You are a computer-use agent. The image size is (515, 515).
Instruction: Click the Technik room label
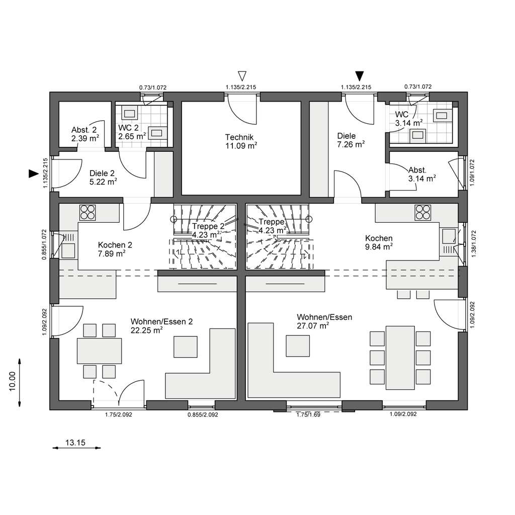pos(239,137)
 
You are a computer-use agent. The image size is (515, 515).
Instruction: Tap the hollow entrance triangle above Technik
pos(242,75)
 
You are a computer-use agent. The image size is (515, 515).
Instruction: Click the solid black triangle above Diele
pos(360,75)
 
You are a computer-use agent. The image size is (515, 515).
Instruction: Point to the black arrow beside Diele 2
pos(34,174)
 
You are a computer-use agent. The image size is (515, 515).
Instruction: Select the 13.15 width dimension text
pos(75,443)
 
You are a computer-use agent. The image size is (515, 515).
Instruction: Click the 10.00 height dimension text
pos(13,381)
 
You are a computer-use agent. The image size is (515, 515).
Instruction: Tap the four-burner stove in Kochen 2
pos(88,212)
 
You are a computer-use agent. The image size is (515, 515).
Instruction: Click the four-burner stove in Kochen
pos(422,212)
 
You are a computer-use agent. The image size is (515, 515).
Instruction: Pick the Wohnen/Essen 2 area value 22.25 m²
pos(146,330)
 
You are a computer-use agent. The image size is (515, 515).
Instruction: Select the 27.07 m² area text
pos(313,326)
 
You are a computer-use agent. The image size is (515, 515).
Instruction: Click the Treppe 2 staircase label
pos(208,226)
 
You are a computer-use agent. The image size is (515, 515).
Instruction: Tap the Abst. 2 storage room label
pos(84,130)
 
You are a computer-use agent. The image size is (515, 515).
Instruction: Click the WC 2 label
pos(128,127)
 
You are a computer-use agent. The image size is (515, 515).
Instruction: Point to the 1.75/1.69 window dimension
pos(308,414)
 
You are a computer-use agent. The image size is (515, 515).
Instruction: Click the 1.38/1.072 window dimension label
pos(473,243)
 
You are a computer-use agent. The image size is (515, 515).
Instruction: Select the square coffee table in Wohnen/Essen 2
pos(186,347)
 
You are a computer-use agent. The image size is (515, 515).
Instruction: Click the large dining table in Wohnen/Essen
pos(400,358)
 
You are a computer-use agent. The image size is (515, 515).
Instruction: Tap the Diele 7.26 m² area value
pos(351,144)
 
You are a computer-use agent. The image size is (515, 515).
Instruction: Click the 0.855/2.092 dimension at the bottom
pos(203,414)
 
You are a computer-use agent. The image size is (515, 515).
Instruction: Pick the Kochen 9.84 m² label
pos(379,242)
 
